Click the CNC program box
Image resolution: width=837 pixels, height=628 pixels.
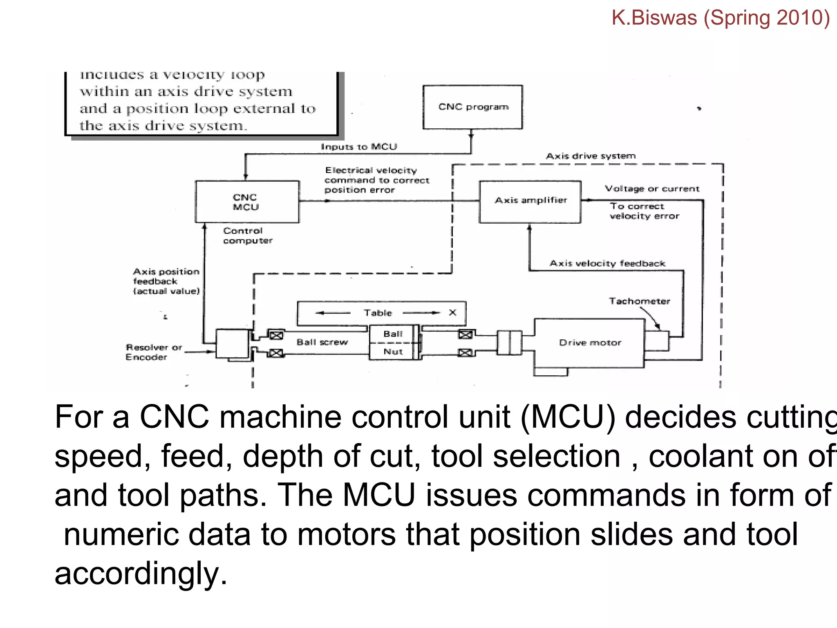[472, 107]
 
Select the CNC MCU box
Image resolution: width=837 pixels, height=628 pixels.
[247, 202]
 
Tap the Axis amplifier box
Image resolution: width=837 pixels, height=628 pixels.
[530, 202]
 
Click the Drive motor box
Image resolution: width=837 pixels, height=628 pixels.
[589, 343]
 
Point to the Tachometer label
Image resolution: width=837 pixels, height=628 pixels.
[639, 301]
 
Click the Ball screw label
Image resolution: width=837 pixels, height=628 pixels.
[322, 342]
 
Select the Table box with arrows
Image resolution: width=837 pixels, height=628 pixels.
[381, 313]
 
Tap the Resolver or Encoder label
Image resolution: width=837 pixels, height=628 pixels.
[153, 352]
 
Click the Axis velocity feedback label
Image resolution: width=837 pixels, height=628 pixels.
[607, 264]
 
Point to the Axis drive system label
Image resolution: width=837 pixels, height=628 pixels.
[591, 156]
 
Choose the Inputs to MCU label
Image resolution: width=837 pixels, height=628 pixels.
[359, 147]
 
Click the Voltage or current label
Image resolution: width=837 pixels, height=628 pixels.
[652, 189]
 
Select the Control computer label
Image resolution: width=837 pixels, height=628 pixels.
[247, 236]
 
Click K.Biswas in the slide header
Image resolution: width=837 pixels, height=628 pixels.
[654, 18]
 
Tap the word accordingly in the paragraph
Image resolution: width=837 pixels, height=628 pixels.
[140, 574]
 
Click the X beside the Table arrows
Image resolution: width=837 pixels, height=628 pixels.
[452, 313]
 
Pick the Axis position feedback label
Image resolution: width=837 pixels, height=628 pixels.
[166, 281]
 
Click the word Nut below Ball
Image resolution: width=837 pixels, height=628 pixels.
[393, 352]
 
